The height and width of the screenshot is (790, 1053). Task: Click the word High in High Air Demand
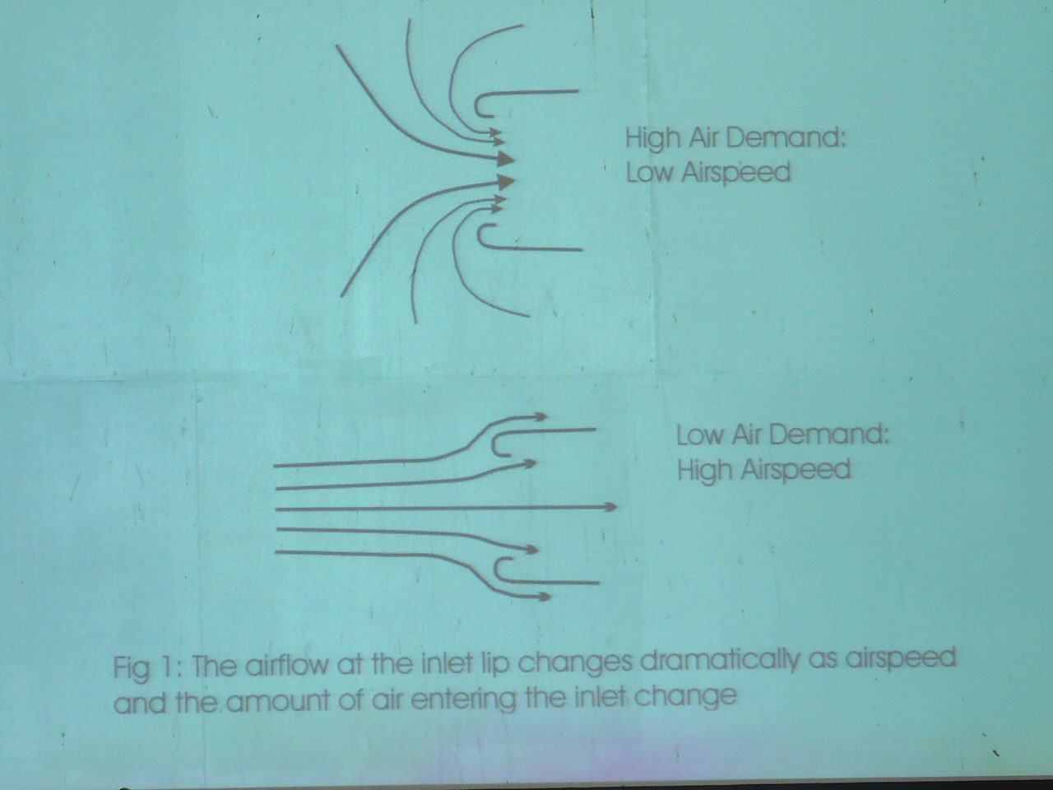pyautogui.click(x=653, y=138)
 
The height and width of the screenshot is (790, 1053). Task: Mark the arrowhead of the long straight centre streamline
pyautogui.click(x=610, y=507)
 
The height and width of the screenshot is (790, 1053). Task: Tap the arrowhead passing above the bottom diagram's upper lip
pyautogui.click(x=540, y=417)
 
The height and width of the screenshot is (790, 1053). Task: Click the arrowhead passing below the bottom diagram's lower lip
pyautogui.click(x=544, y=597)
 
